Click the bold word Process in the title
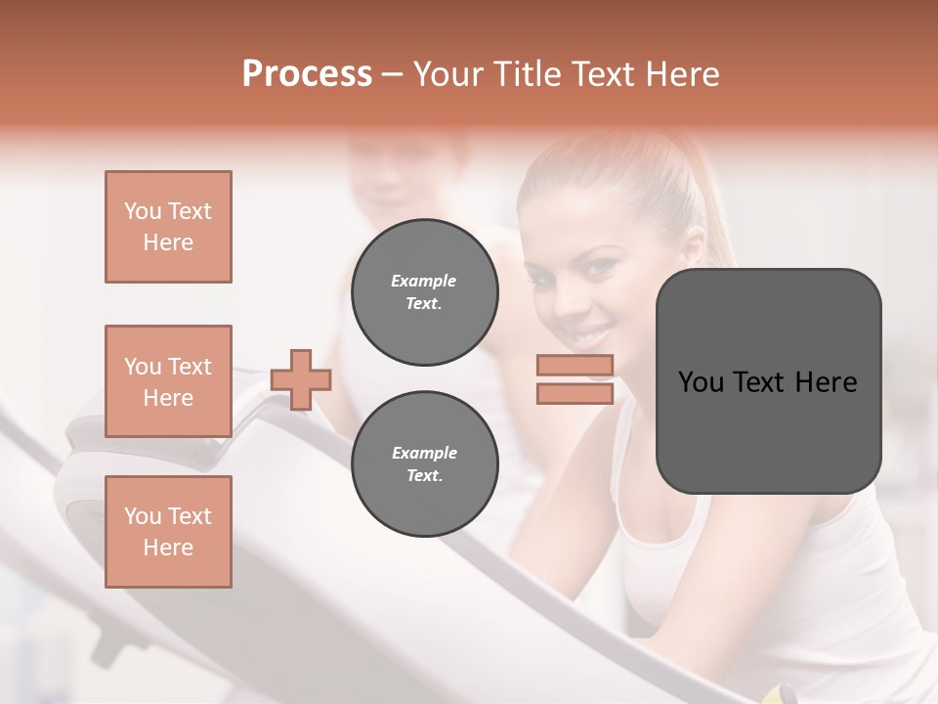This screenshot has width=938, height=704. pyautogui.click(x=307, y=74)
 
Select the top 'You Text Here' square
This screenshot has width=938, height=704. pyautogui.click(x=168, y=227)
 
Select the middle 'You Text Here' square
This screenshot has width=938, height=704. pyautogui.click(x=168, y=381)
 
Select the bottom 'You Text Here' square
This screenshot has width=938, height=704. pyautogui.click(x=168, y=532)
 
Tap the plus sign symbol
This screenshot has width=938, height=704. pyautogui.click(x=301, y=379)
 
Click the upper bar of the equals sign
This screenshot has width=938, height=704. pyautogui.click(x=575, y=366)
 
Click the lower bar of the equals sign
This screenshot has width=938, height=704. pyautogui.click(x=575, y=393)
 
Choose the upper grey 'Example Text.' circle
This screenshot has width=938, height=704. pyautogui.click(x=424, y=292)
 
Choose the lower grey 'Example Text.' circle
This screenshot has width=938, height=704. pyautogui.click(x=424, y=464)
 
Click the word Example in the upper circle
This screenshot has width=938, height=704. pyautogui.click(x=424, y=281)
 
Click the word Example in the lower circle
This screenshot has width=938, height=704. pyautogui.click(x=424, y=453)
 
